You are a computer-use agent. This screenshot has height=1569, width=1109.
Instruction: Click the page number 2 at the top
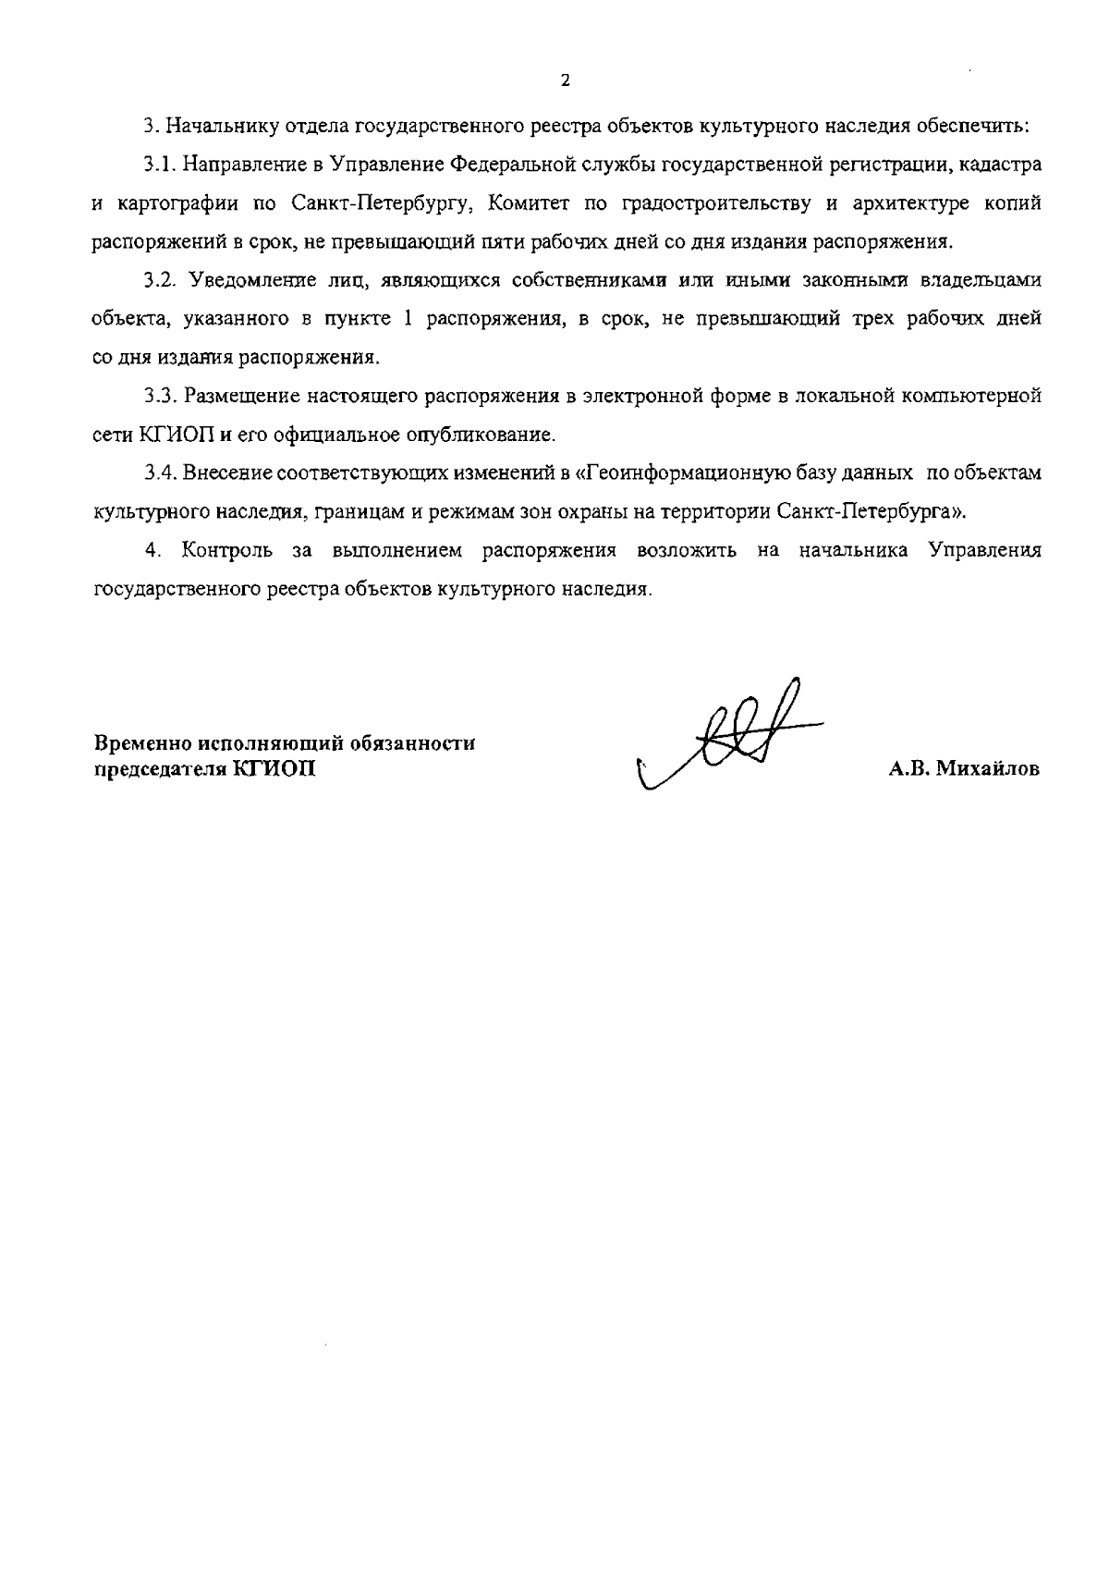[565, 80]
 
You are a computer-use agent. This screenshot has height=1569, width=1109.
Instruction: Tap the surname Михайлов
[989, 769]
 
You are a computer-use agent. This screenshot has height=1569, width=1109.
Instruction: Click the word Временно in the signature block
[143, 743]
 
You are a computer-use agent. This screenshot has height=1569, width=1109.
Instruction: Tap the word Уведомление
[246, 280]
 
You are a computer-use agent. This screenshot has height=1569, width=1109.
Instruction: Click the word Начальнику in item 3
[212, 127]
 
